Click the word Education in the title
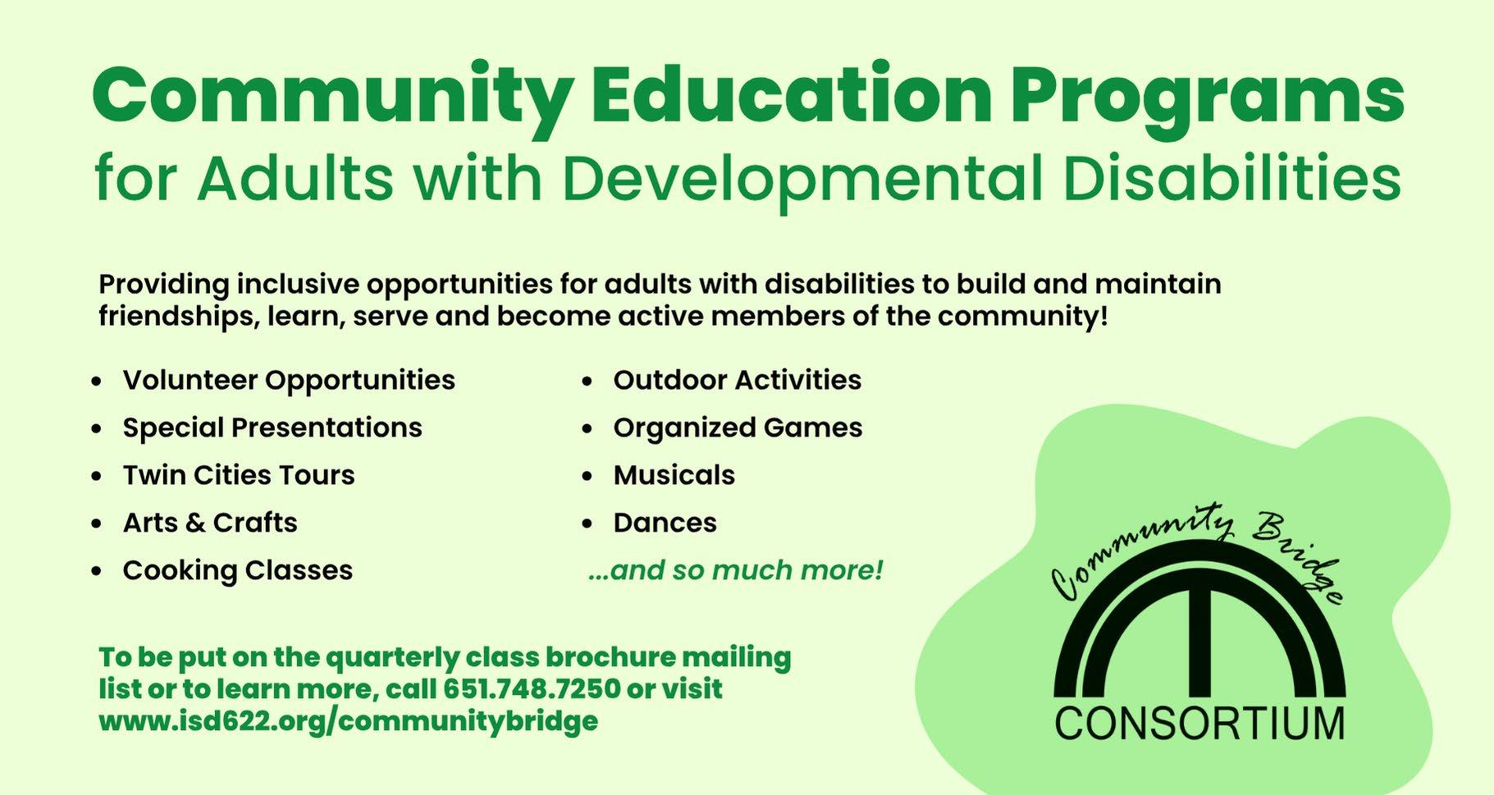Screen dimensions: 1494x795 [793, 95]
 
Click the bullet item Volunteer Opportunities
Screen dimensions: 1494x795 [289, 382]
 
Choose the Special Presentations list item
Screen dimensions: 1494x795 [272, 428]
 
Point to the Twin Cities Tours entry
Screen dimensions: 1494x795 [239, 475]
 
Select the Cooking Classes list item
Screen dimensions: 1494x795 [238, 571]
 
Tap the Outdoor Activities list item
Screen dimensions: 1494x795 [738, 380]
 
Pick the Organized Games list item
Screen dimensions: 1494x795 [738, 428]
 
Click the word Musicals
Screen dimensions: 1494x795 [674, 475]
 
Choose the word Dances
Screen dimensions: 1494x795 [665, 523]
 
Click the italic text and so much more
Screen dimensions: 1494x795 [735, 570]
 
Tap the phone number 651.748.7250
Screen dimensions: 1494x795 [532, 688]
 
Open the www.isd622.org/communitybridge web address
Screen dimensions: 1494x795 [348, 722]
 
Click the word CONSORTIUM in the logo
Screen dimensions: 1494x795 [1199, 724]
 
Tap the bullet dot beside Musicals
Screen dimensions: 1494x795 [587, 477]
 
